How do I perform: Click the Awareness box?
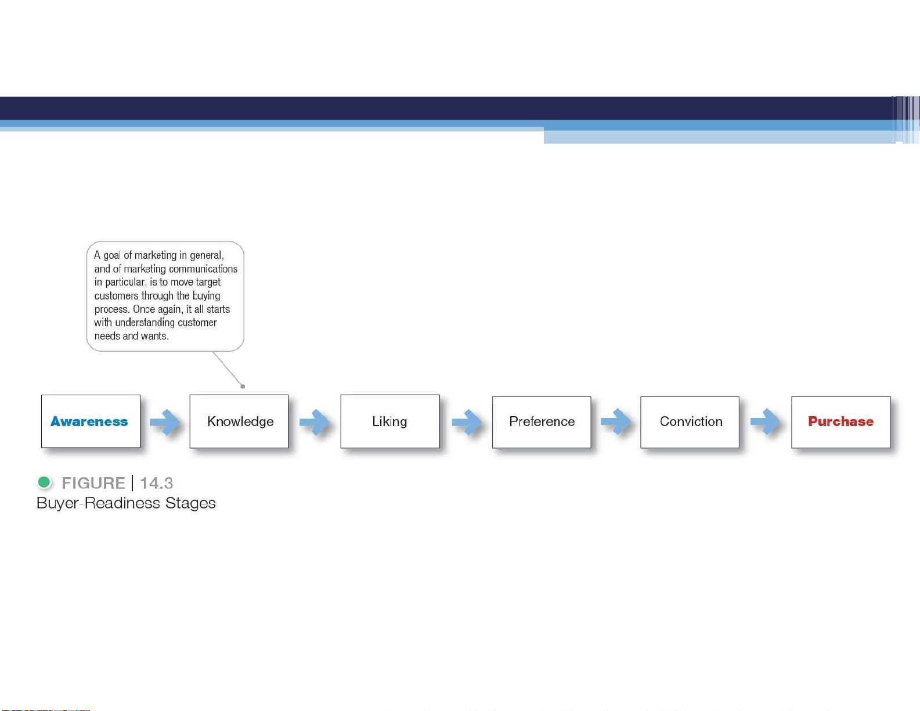pyautogui.click(x=91, y=421)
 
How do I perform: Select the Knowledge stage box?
pyautogui.click(x=239, y=421)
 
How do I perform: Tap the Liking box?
pyautogui.click(x=390, y=421)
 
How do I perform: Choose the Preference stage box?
pyautogui.click(x=542, y=422)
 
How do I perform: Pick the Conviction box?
pyautogui.click(x=690, y=422)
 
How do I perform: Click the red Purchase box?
pyautogui.click(x=841, y=422)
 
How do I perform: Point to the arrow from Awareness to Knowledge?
pyautogui.click(x=165, y=421)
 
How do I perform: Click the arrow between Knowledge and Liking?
pyautogui.click(x=314, y=421)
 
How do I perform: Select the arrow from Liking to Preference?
pyautogui.click(x=467, y=421)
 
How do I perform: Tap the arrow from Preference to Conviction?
pyautogui.click(x=616, y=421)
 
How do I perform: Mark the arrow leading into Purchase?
pyautogui.click(x=765, y=421)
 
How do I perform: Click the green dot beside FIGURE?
pyautogui.click(x=44, y=482)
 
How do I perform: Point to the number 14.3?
pyautogui.click(x=156, y=483)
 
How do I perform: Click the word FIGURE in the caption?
pyautogui.click(x=93, y=483)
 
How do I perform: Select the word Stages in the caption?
pyautogui.click(x=190, y=503)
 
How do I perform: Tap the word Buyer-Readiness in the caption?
pyautogui.click(x=98, y=503)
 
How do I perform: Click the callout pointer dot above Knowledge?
pyautogui.click(x=243, y=386)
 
